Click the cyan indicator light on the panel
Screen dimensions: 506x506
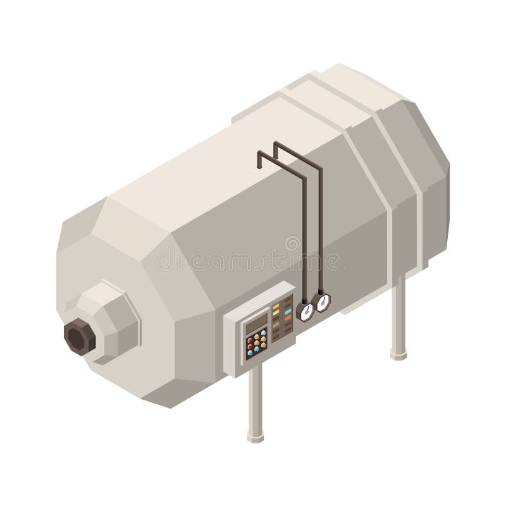[288, 312]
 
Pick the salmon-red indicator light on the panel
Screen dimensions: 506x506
[288, 318]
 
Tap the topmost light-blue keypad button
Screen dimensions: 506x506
[264, 333]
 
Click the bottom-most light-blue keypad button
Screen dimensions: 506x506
[250, 353]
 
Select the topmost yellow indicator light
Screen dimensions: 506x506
[276, 305]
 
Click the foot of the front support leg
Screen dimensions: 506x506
[256, 438]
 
